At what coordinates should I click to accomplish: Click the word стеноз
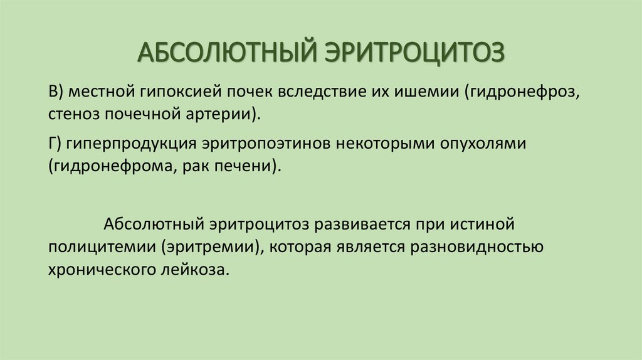pos(71,115)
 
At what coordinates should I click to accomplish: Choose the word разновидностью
pos(476,246)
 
